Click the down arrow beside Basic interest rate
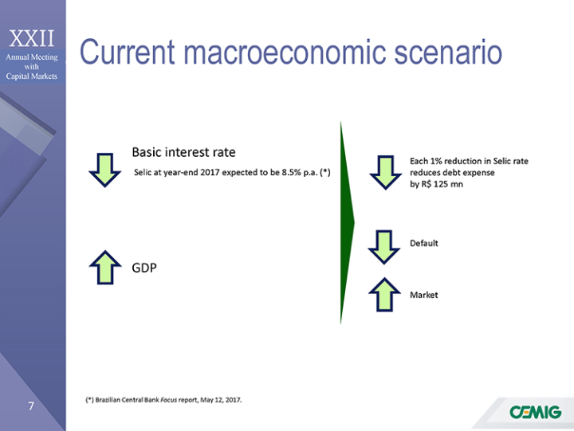pos(105,170)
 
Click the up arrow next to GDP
pos(105,268)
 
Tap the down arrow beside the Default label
pos(384,247)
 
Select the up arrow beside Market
pos(384,295)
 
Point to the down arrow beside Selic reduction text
pos(386,173)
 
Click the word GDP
pos(144,268)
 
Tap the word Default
pos(424,243)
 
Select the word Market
pos(424,295)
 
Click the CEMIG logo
pos(535,412)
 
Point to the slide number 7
pos(31,406)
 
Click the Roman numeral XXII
pos(32,38)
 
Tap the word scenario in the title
pos(448,52)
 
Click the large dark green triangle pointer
pos(346,222)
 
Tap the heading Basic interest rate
pos(184,152)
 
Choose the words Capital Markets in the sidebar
pos(31,76)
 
